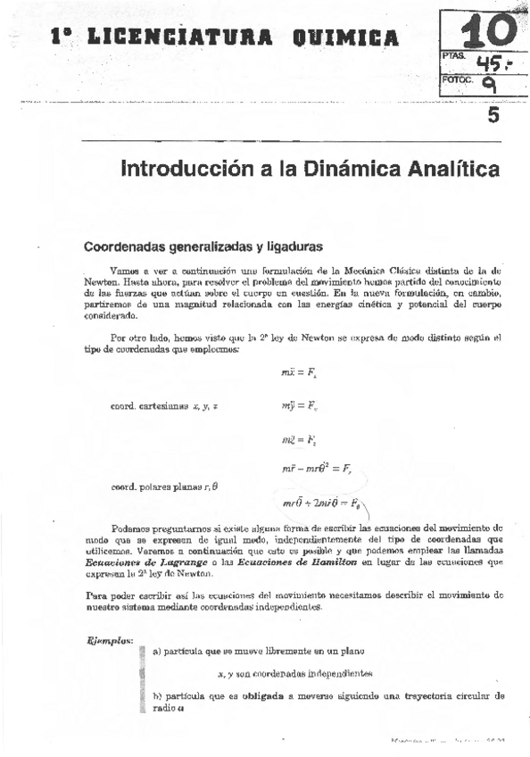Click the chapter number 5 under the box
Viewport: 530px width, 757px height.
493,116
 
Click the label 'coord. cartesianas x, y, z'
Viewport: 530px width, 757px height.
164,381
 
